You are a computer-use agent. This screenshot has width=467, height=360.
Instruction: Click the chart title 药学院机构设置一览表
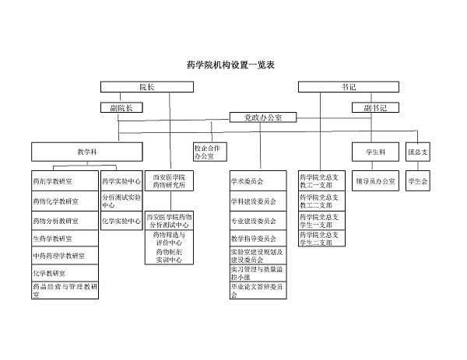(232, 65)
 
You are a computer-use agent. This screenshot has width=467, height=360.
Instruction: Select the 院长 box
(146, 87)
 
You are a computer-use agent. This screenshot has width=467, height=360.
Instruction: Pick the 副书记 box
(370, 107)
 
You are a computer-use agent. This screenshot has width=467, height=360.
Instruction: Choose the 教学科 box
(86, 150)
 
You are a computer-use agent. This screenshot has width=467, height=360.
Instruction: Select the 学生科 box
(370, 150)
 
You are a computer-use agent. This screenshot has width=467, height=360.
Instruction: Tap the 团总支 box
(417, 150)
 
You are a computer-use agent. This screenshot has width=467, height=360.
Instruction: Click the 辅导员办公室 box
(375, 181)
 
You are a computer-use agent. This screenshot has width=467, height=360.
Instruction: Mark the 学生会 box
(418, 181)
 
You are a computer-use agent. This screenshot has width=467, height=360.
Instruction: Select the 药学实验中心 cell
(121, 181)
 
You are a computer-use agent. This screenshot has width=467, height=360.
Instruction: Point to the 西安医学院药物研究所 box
(168, 181)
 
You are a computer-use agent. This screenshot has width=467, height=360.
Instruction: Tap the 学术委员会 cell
(261, 181)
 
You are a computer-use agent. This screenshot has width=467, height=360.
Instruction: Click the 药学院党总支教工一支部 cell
(320, 181)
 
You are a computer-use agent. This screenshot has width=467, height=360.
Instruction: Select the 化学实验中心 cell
(121, 220)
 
